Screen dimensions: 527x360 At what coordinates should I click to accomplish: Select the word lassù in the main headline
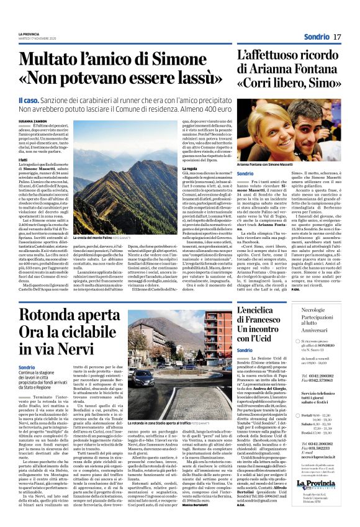pyautogui.click(x=192, y=79)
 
